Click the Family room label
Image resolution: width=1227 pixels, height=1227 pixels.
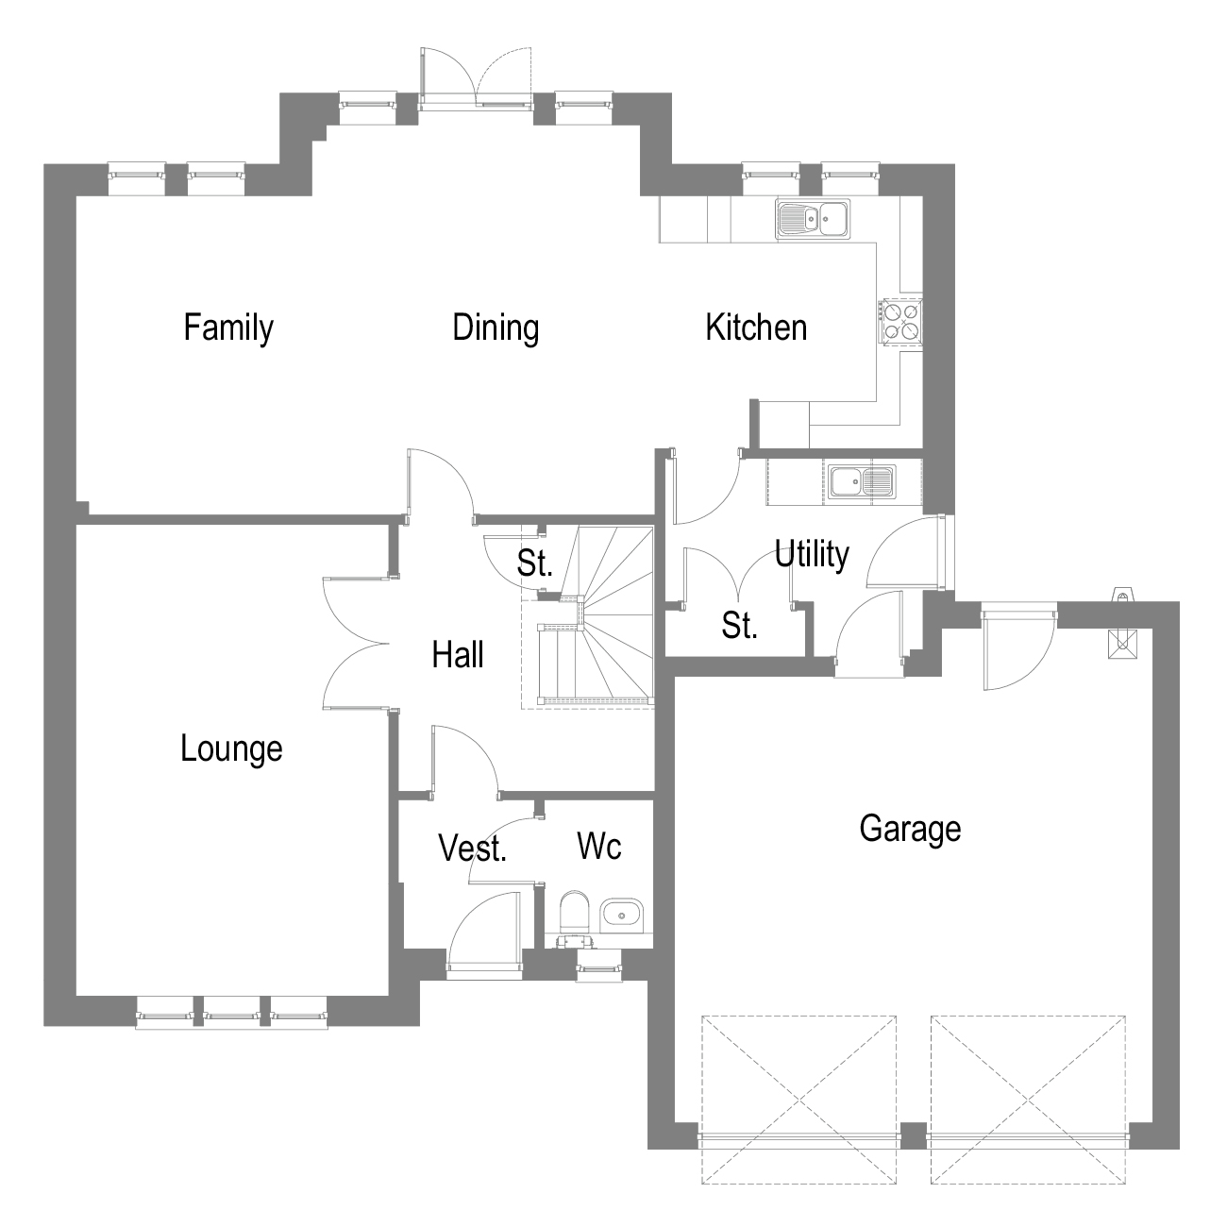point(228,328)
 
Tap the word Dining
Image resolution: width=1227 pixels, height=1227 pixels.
point(496,328)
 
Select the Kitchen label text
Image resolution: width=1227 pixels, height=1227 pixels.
point(756,328)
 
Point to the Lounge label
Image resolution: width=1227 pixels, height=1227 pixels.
point(231,748)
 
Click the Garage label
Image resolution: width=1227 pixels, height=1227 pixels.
point(910,829)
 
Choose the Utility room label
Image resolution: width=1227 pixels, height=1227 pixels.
point(812,554)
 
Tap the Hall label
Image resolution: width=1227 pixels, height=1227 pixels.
point(458,654)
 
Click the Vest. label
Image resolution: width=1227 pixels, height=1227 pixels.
point(473,849)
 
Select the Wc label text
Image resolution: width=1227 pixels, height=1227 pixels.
point(599,847)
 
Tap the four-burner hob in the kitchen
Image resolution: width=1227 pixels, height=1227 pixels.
point(900,321)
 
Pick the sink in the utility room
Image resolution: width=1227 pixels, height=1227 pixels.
point(863,482)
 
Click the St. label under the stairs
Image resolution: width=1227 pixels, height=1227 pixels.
point(534,563)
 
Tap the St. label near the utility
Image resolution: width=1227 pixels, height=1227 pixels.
point(740,625)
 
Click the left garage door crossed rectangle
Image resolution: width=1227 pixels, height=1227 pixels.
point(798,1100)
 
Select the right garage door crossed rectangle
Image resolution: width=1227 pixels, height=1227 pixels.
point(1028,1100)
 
